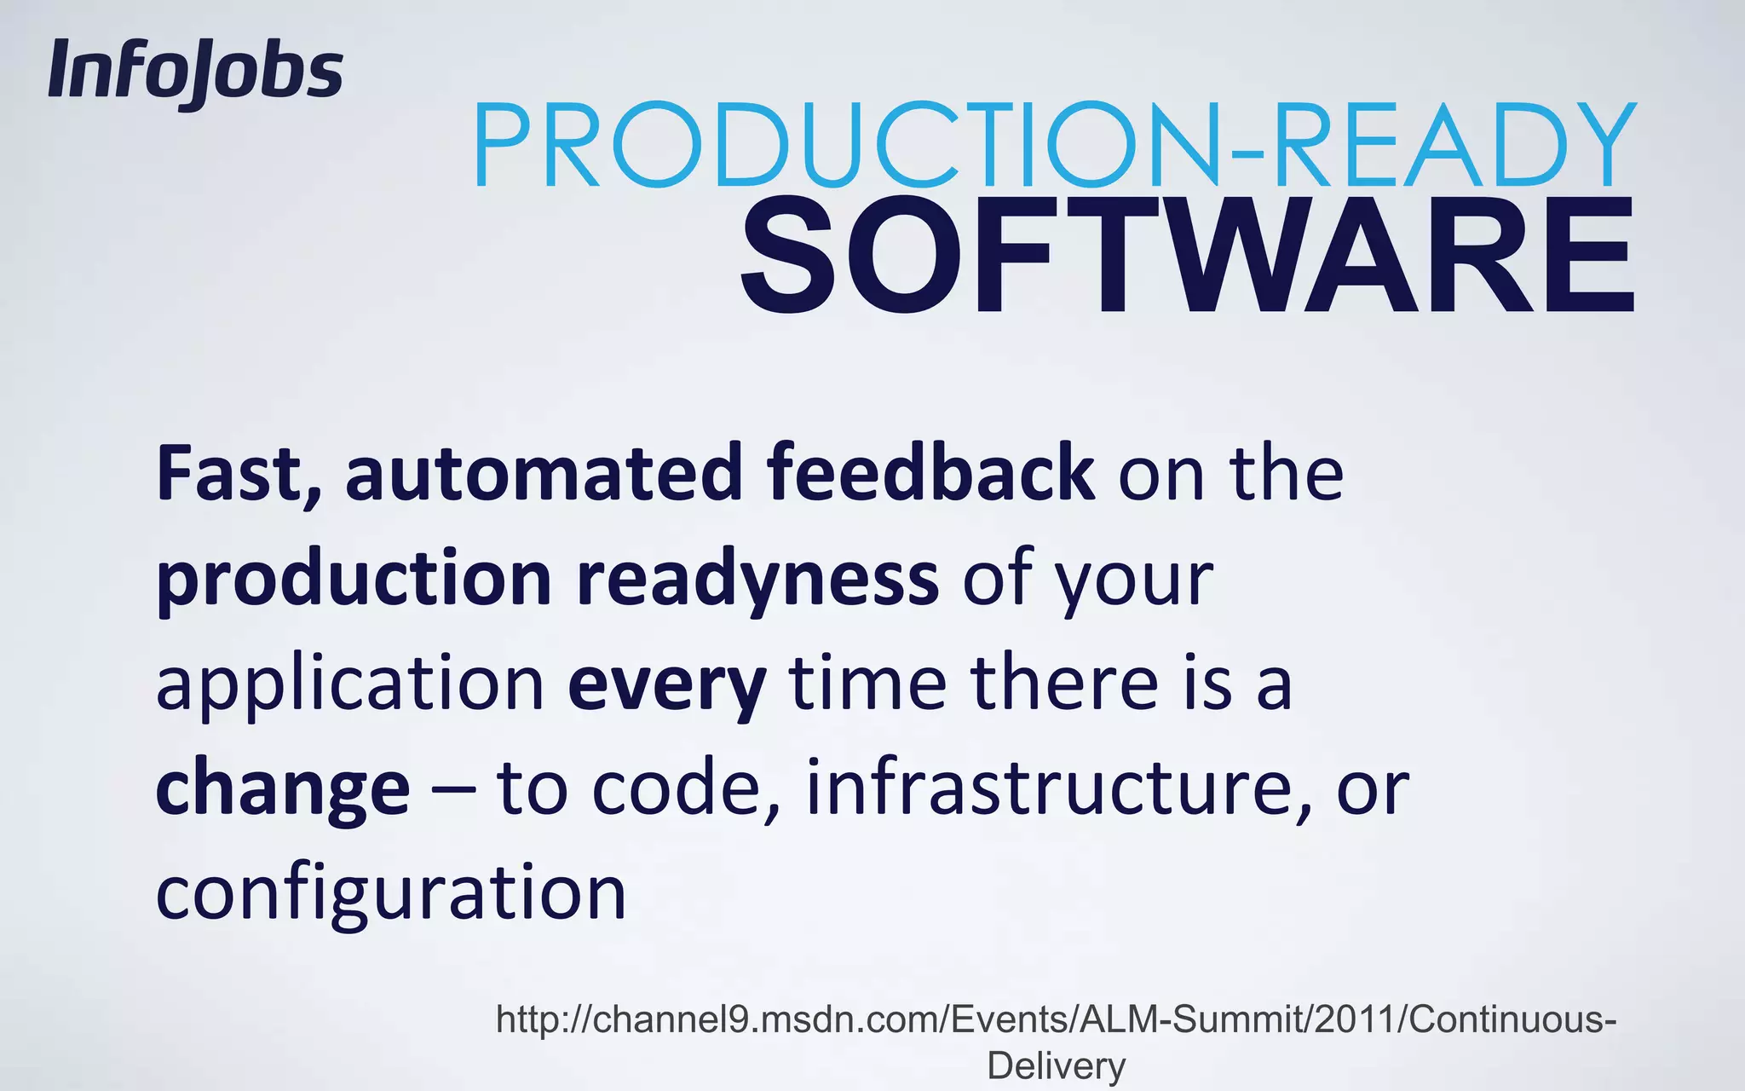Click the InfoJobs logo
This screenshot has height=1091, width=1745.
coord(195,73)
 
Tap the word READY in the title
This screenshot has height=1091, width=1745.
coord(1448,145)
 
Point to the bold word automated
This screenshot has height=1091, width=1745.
coord(544,474)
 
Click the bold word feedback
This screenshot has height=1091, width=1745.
coord(930,474)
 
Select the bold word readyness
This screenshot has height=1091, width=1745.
coord(757,580)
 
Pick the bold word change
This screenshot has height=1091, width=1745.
coord(283,789)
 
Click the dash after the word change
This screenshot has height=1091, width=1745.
coord(453,789)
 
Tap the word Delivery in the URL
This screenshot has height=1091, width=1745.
coord(1057,1066)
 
